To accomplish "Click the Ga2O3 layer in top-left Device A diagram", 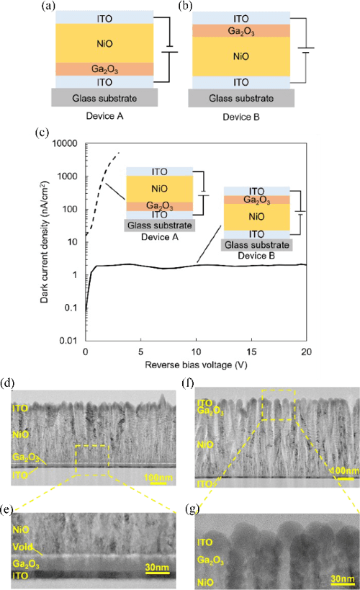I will click(x=100, y=69).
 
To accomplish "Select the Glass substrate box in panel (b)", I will click(x=240, y=97).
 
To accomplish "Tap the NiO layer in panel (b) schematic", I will click(x=240, y=55).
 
